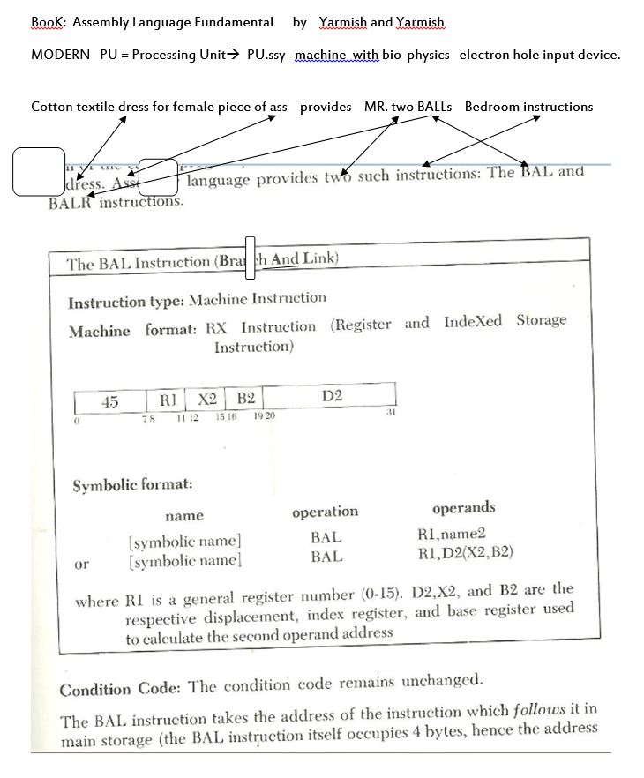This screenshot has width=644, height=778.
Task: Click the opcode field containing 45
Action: pyautogui.click(x=109, y=401)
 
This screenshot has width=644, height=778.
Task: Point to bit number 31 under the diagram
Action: pyautogui.click(x=388, y=411)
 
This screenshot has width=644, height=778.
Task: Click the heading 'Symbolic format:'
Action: pyautogui.click(x=132, y=484)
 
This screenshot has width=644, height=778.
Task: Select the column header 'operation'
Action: pyautogui.click(x=325, y=512)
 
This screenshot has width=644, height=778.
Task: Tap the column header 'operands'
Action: pyautogui.click(x=464, y=507)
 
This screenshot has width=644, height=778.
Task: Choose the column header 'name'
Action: pyautogui.click(x=183, y=515)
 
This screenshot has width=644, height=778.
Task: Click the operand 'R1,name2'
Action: pyautogui.click(x=451, y=534)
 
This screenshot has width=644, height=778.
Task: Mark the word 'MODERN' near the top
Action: pyautogui.click(x=60, y=55)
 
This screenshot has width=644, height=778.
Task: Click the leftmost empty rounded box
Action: pyautogui.click(x=38, y=171)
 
